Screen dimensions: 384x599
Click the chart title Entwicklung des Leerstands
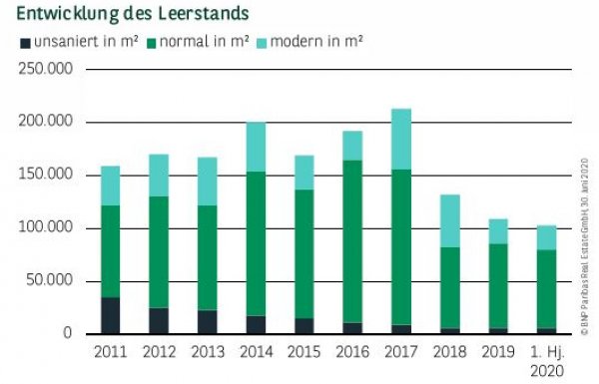pos(133,15)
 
